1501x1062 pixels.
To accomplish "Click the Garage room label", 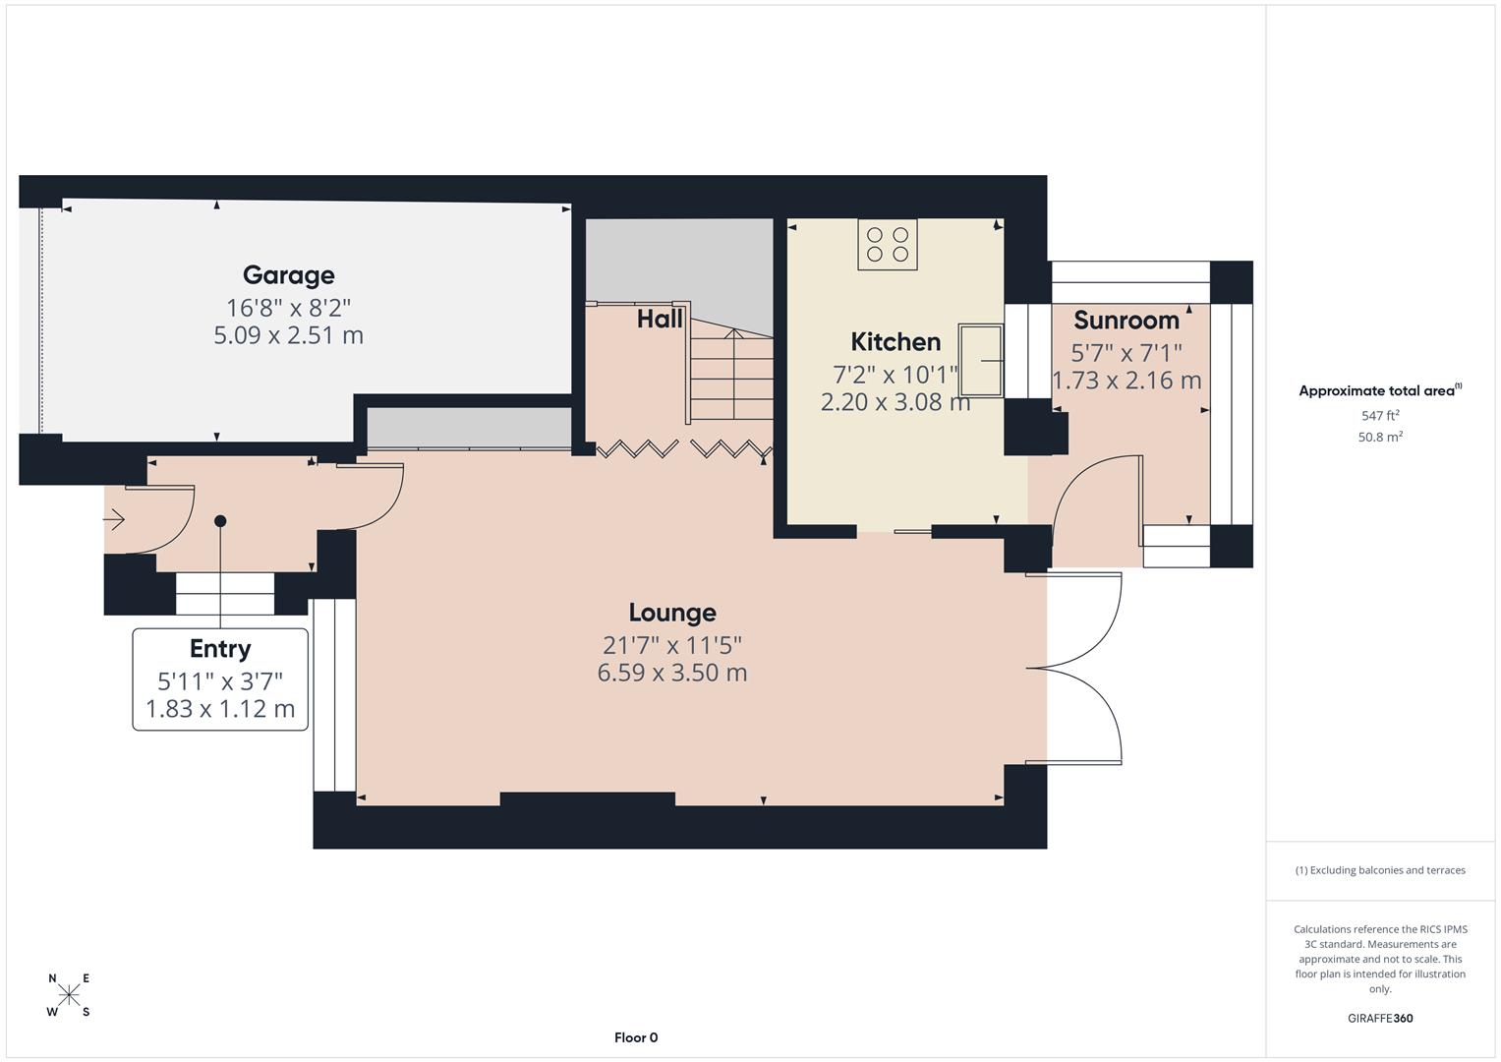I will (288, 275).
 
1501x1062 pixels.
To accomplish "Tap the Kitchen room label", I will (895, 342).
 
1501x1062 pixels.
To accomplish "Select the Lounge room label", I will (671, 613).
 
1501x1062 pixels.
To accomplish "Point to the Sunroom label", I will (1126, 320).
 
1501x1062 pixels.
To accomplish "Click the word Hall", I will (659, 319).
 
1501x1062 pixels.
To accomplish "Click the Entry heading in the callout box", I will (220, 649).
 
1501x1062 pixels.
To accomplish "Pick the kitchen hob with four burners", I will (888, 244).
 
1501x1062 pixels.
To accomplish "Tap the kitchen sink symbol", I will (983, 360).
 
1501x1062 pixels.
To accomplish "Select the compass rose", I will (69, 995).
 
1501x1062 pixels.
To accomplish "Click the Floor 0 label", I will (636, 1037).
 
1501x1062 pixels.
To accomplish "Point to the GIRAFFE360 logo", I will (1379, 1018).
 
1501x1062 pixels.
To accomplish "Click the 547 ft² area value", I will (1380, 416).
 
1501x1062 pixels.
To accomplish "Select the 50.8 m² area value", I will (1380, 438).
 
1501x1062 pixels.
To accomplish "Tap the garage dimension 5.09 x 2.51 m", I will (288, 335).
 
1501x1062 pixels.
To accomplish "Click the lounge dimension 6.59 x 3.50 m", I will (671, 673).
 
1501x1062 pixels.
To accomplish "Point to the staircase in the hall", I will (730, 374).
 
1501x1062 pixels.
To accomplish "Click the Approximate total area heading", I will (1379, 390).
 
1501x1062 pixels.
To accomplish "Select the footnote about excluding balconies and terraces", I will (1379, 870).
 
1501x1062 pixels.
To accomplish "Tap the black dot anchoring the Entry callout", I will (220, 521).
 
